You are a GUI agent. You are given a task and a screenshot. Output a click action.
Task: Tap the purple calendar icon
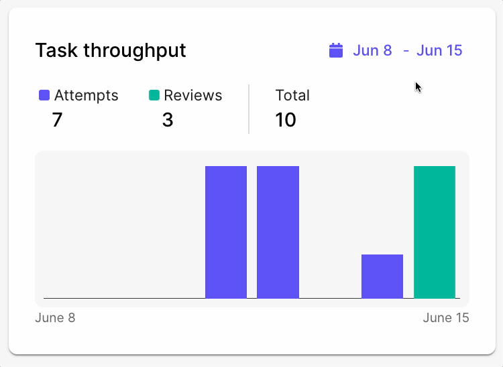point(336,50)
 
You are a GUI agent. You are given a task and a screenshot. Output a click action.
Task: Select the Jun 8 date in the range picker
point(372,50)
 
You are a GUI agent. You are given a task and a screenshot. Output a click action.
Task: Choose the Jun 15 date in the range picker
point(439,50)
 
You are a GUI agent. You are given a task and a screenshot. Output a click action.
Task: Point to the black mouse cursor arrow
point(418,86)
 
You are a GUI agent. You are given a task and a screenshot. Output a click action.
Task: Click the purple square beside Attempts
point(44,96)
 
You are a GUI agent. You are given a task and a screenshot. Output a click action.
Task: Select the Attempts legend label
point(86,96)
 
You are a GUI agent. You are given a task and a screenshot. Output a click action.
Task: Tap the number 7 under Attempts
point(57,120)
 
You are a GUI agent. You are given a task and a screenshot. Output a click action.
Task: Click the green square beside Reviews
point(154,96)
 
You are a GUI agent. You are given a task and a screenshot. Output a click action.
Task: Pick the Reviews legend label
point(193,96)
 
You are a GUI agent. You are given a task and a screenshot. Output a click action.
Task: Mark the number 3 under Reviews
point(168,120)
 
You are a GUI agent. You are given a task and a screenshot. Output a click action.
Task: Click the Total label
point(292,96)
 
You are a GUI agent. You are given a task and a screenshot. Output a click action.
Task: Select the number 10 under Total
point(286,120)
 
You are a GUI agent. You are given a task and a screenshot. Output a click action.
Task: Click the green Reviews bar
point(435,232)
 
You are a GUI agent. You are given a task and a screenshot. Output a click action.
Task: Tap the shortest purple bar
point(382,276)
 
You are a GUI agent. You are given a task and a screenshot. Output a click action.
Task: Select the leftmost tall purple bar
point(226,232)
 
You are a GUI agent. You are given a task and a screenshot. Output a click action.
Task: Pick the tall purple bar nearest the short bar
point(278,232)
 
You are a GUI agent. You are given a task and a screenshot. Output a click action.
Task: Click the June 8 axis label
point(55,317)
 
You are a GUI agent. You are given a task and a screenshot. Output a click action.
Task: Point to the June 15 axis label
point(446,317)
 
